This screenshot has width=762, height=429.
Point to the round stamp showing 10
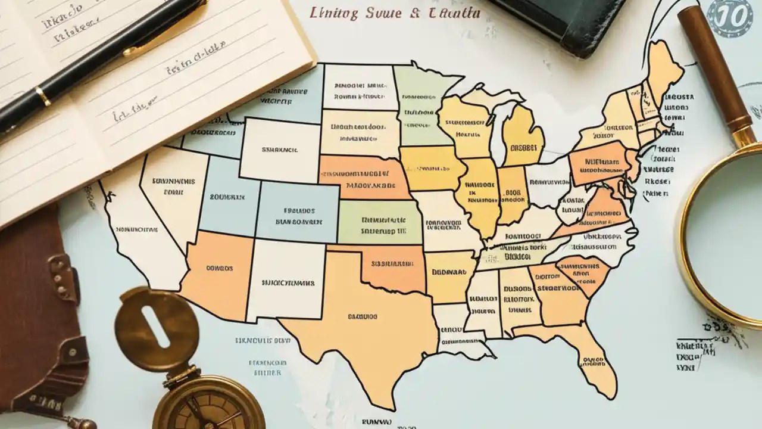(731, 17)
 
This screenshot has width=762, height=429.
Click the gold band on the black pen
(42, 95)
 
